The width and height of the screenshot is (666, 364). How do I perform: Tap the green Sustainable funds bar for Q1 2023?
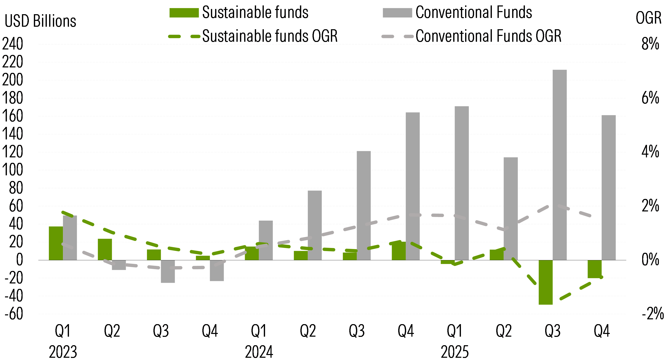click(x=56, y=243)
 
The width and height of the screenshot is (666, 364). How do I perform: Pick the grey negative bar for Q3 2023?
click(x=168, y=271)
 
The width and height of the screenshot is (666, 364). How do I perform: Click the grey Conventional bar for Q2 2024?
click(x=315, y=225)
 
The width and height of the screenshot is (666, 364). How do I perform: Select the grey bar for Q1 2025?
click(x=462, y=183)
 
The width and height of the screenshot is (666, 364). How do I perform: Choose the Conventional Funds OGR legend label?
click(x=488, y=36)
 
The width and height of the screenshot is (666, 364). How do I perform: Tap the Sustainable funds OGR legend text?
click(x=270, y=36)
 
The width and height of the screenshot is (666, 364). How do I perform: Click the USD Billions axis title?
click(x=40, y=21)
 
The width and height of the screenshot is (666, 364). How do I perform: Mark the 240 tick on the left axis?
click(x=12, y=44)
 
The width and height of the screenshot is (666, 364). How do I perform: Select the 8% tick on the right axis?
click(x=650, y=44)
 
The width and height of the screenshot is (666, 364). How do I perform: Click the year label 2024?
click(x=259, y=352)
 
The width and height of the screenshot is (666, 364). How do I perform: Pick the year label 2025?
click(x=454, y=352)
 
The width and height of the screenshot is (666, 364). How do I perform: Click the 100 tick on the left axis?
click(x=12, y=170)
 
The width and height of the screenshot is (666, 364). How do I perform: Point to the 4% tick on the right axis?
click(x=650, y=152)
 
